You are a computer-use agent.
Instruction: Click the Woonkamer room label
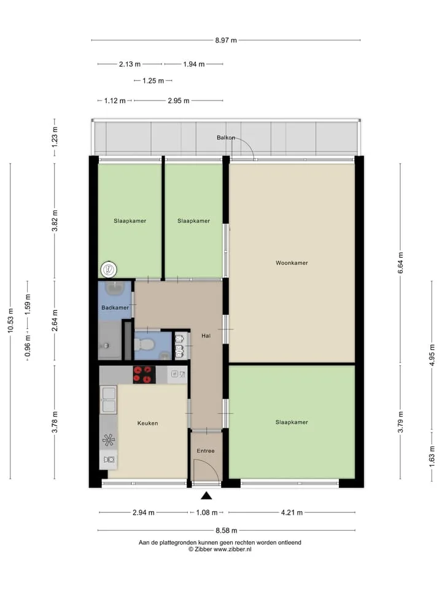292,263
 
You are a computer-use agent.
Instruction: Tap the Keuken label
148,423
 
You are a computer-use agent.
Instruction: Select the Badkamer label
115,307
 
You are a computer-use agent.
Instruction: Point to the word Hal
206,336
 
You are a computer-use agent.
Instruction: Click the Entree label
206,451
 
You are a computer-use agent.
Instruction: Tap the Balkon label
225,137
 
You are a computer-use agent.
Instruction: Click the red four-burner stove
144,374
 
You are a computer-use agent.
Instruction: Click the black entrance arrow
206,496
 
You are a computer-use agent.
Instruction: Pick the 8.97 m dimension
226,40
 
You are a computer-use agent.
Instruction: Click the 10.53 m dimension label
10,320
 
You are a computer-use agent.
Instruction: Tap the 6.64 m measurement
401,263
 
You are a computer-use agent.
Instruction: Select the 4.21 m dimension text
292,512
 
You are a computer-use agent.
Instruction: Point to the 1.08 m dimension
207,512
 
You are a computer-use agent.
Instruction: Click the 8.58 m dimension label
227,530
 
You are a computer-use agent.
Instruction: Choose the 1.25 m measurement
153,81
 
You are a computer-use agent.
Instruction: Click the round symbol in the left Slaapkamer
109,269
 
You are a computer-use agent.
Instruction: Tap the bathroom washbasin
115,289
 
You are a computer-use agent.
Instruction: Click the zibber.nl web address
232,549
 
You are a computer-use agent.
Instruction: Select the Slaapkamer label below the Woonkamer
292,422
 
